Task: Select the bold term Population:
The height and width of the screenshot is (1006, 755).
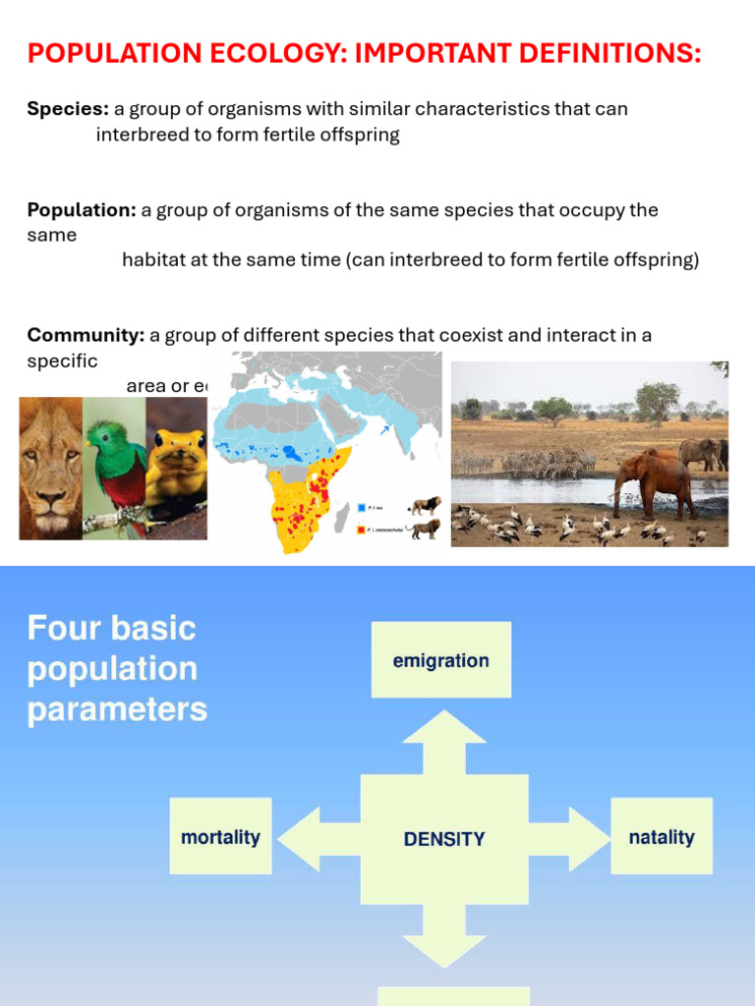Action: point(82,210)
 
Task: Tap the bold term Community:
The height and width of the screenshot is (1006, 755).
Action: point(86,335)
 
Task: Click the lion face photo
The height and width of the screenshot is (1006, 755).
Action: point(50,469)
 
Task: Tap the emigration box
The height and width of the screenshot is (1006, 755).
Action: point(440,660)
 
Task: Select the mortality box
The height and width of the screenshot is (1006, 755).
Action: point(220,837)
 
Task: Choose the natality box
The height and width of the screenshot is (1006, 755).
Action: point(661,837)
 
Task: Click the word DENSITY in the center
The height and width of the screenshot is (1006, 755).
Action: point(444,839)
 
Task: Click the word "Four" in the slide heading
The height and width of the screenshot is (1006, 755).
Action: point(66,629)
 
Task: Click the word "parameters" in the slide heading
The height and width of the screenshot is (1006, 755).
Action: point(117,709)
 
